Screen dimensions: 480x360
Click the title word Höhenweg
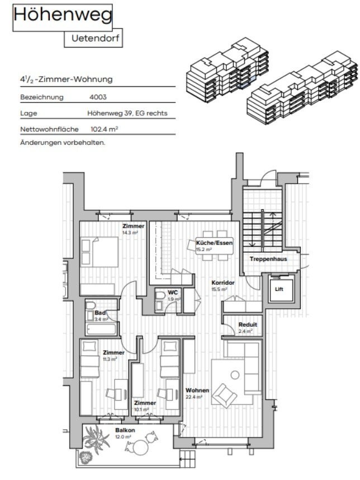[63, 17]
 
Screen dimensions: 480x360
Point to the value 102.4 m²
[104, 129]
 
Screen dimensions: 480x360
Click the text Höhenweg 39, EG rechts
[127, 113]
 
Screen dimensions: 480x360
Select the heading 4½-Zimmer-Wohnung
[66, 79]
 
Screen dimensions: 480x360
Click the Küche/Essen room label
[214, 243]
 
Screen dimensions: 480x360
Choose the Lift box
[280, 289]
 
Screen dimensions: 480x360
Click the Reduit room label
[248, 325]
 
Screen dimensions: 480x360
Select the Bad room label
[100, 313]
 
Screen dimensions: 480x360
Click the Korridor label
[222, 283]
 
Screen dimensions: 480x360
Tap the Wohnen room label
[198, 390]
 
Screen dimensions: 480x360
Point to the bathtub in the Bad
[101, 329]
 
